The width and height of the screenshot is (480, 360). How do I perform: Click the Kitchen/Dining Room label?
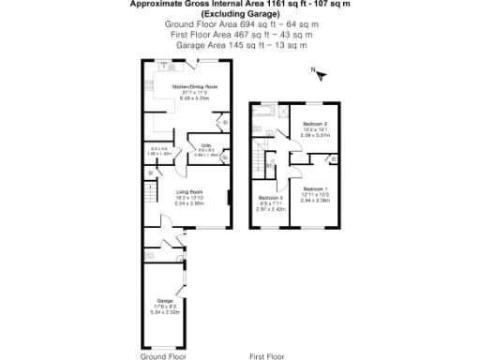pyautogui.click(x=187, y=85)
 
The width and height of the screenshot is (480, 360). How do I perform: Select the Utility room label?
pyautogui.click(x=205, y=145)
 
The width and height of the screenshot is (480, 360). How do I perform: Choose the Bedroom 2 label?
pyautogui.click(x=315, y=124)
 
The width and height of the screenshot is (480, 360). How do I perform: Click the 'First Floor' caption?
pyautogui.click(x=267, y=356)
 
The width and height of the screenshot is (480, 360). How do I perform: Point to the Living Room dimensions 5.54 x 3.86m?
pyautogui.click(x=189, y=203)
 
